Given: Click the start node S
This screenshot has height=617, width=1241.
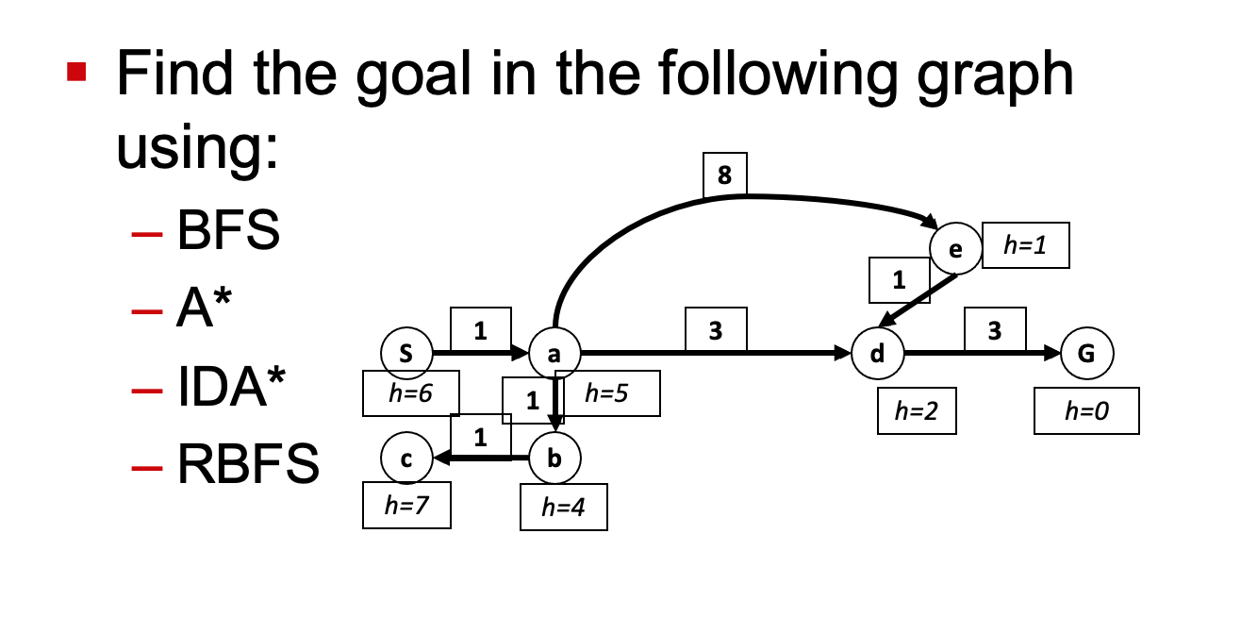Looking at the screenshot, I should [406, 354].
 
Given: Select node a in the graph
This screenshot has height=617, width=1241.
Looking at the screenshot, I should [554, 354].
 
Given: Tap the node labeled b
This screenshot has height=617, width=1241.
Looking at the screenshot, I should [554, 459].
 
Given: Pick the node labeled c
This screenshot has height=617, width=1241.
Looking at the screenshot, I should [406, 459].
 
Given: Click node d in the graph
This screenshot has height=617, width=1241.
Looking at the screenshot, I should [877, 354].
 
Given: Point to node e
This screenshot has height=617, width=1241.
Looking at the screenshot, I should [955, 249].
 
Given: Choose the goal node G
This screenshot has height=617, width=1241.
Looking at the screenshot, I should [1087, 354].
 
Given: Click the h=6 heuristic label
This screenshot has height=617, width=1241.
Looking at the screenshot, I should [410, 394].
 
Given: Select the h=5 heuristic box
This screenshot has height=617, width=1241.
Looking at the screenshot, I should [607, 394].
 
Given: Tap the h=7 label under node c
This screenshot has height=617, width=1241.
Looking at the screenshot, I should [406, 506].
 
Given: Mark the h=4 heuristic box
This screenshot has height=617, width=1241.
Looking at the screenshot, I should [564, 508].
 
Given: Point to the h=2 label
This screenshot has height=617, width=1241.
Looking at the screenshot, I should [917, 410].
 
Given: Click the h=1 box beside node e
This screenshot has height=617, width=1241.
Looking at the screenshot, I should [1026, 245].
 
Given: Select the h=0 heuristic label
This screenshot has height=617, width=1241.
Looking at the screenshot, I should [1086, 410].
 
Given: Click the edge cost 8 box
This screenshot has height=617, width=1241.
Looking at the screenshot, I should [725, 175].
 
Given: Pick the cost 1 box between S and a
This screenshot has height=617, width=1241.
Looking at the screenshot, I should [481, 329].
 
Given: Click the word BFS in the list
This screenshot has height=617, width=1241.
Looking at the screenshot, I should [228, 231].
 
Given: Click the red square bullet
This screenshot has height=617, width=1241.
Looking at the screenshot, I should [77, 71].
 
